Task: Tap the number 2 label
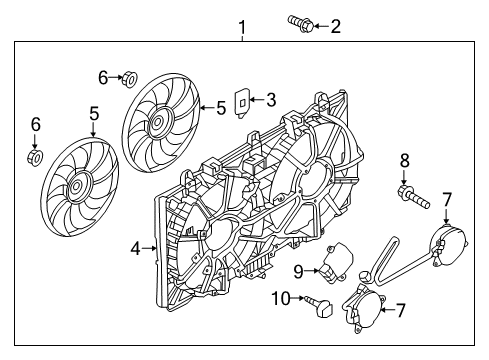pyautogui.click(x=335, y=26)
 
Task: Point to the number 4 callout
pyautogui.click(x=135, y=247)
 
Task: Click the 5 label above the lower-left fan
pyautogui.click(x=93, y=115)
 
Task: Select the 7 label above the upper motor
pyautogui.click(x=446, y=201)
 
